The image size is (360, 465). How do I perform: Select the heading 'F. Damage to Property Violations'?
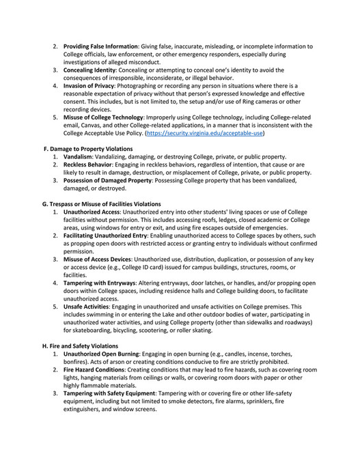(87, 148)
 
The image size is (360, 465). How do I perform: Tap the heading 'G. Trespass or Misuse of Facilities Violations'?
(102, 203)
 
